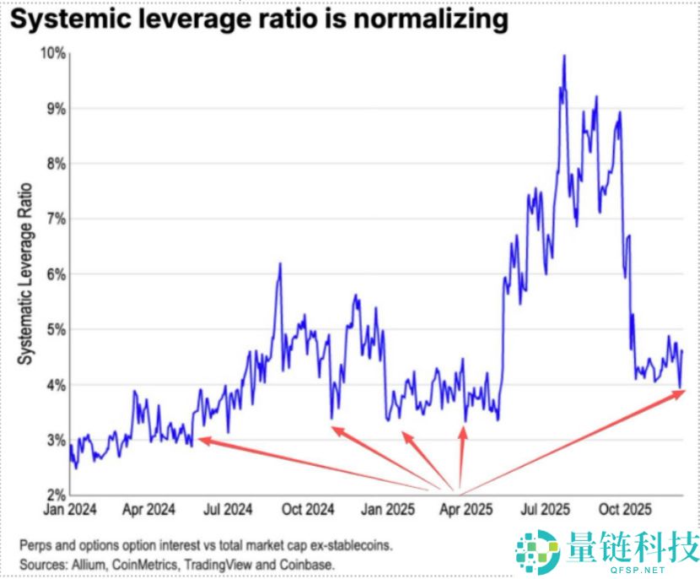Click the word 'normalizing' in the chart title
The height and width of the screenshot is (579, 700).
click(x=427, y=20)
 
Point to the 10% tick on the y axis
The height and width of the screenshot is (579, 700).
click(x=52, y=53)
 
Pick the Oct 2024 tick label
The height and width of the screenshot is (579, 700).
click(x=306, y=510)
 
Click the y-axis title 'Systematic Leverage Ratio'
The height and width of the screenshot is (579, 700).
click(x=26, y=273)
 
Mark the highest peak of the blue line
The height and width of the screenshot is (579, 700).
click(x=563, y=57)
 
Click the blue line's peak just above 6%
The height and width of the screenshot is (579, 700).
click(x=279, y=264)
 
